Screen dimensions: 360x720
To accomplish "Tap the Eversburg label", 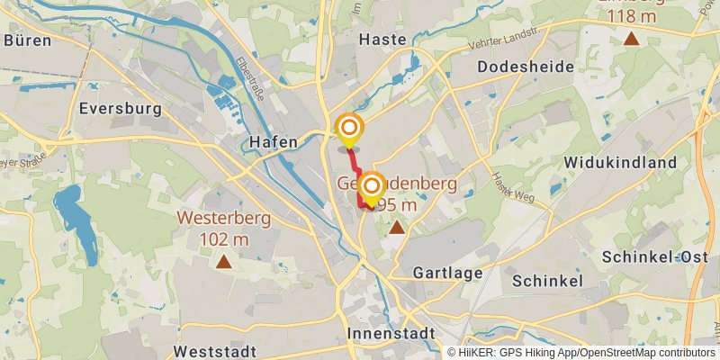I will (120, 109).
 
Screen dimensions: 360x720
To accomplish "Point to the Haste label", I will (382, 39).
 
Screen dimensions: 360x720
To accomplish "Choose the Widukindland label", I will (620, 162).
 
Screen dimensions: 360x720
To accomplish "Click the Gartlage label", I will (447, 273).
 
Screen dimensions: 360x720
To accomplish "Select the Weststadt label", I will (217, 350).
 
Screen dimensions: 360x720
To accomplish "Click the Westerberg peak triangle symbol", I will (223, 262).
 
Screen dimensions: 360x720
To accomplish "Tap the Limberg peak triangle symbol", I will (632, 39).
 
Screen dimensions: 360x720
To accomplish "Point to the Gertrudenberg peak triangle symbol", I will (396, 228).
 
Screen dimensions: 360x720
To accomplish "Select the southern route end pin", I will (370, 187).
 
